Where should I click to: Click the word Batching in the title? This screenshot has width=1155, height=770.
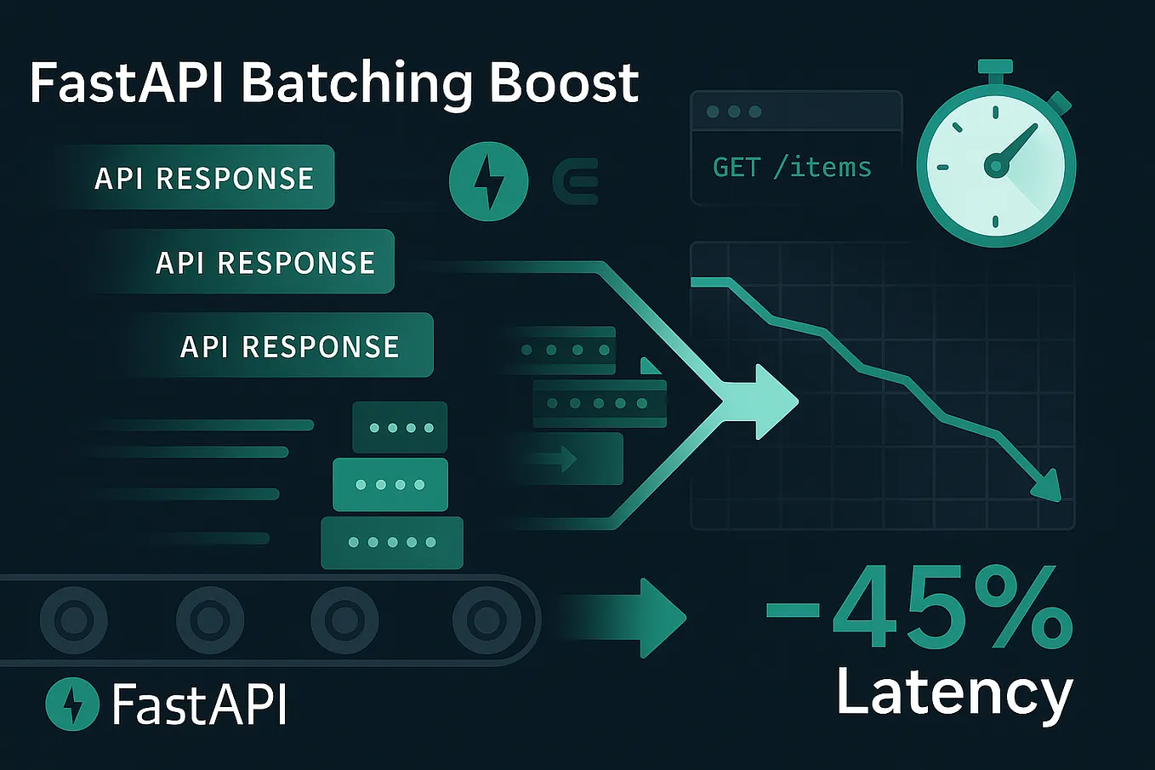(x=356, y=83)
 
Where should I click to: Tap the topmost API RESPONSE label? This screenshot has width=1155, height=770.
(x=204, y=178)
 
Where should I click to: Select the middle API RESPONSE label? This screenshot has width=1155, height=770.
(x=265, y=262)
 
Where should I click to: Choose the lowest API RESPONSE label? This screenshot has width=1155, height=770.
(x=290, y=346)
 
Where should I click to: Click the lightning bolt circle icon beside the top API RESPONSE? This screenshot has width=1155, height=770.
(x=488, y=181)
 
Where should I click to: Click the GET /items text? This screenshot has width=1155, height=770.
(x=792, y=167)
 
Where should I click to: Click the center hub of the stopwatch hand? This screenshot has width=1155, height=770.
(x=995, y=165)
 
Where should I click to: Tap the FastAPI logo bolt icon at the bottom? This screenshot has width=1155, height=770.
(x=72, y=704)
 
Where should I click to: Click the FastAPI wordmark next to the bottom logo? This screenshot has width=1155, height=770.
(x=199, y=704)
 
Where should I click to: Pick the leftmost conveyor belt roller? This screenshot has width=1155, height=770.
(x=74, y=619)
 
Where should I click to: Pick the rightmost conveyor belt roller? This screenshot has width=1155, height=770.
(x=486, y=619)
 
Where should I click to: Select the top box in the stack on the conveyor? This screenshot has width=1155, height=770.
(x=400, y=427)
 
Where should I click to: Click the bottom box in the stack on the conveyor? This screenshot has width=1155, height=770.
(x=392, y=542)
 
